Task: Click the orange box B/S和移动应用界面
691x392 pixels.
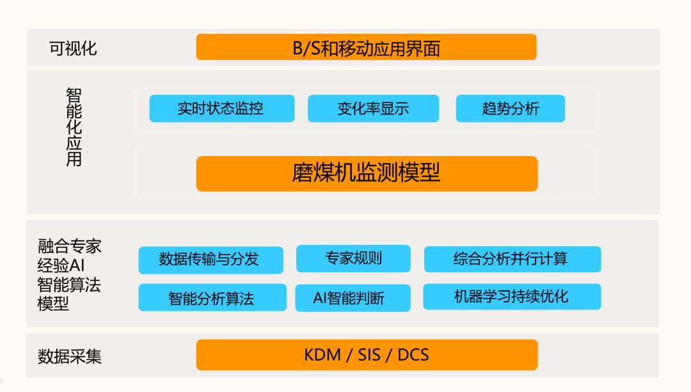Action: (366, 47)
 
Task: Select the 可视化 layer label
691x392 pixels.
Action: (73, 48)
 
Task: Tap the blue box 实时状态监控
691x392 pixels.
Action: (221, 109)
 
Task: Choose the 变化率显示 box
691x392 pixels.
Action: (373, 109)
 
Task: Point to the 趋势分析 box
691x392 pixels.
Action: (510, 109)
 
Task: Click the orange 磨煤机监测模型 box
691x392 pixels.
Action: (367, 173)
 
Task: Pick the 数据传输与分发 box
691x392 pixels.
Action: (210, 260)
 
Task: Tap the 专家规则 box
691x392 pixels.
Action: (353, 258)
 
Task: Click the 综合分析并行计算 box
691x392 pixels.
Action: (512, 259)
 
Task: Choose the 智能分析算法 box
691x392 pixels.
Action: (212, 298)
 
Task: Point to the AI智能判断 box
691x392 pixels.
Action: (353, 298)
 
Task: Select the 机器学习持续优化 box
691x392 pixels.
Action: (512, 297)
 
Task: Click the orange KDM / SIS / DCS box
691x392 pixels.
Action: (367, 355)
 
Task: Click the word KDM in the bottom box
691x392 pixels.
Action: (322, 355)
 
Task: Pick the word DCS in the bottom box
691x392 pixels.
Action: (413, 355)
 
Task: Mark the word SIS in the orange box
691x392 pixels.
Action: (369, 355)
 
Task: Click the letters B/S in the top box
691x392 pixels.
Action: (306, 48)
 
